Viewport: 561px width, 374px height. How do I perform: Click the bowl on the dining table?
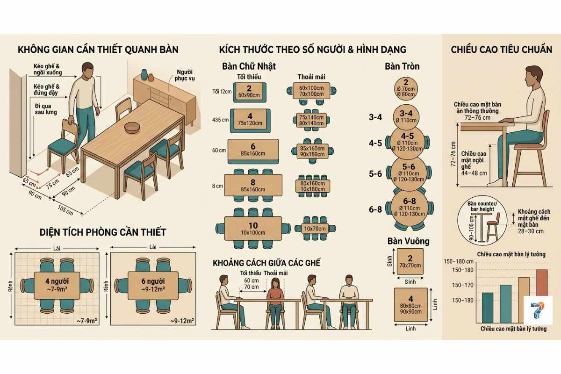(x=132, y=127)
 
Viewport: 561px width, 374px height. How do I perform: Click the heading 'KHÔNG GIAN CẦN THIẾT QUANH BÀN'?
(x=98, y=50)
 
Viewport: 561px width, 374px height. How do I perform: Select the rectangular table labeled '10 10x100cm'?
(x=253, y=229)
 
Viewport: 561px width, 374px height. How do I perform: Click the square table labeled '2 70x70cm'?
(x=410, y=262)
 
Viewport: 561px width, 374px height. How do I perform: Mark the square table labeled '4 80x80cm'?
(x=411, y=304)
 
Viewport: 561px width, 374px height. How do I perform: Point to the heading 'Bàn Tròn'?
(x=402, y=67)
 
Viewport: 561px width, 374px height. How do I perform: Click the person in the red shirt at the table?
(x=275, y=299)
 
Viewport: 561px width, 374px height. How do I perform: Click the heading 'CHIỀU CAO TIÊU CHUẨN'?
(x=501, y=50)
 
